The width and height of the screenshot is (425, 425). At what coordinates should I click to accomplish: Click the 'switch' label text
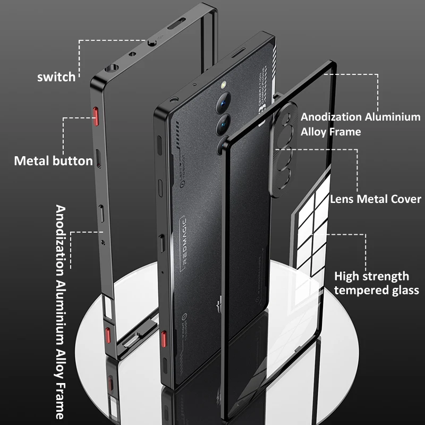pos(56,77)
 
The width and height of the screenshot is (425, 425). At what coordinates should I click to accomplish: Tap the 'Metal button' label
pos(53,160)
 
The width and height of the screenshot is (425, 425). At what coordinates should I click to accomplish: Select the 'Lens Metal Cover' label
pos(376,200)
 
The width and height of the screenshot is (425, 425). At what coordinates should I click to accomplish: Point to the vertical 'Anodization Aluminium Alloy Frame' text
pos(62,311)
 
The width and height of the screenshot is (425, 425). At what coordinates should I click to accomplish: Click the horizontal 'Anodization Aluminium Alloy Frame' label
pos(361,124)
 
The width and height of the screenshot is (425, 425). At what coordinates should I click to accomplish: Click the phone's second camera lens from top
pos(222,125)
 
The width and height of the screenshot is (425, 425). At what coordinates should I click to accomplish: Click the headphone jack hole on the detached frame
pos(112,68)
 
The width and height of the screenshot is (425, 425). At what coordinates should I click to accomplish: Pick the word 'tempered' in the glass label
pos(364,290)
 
